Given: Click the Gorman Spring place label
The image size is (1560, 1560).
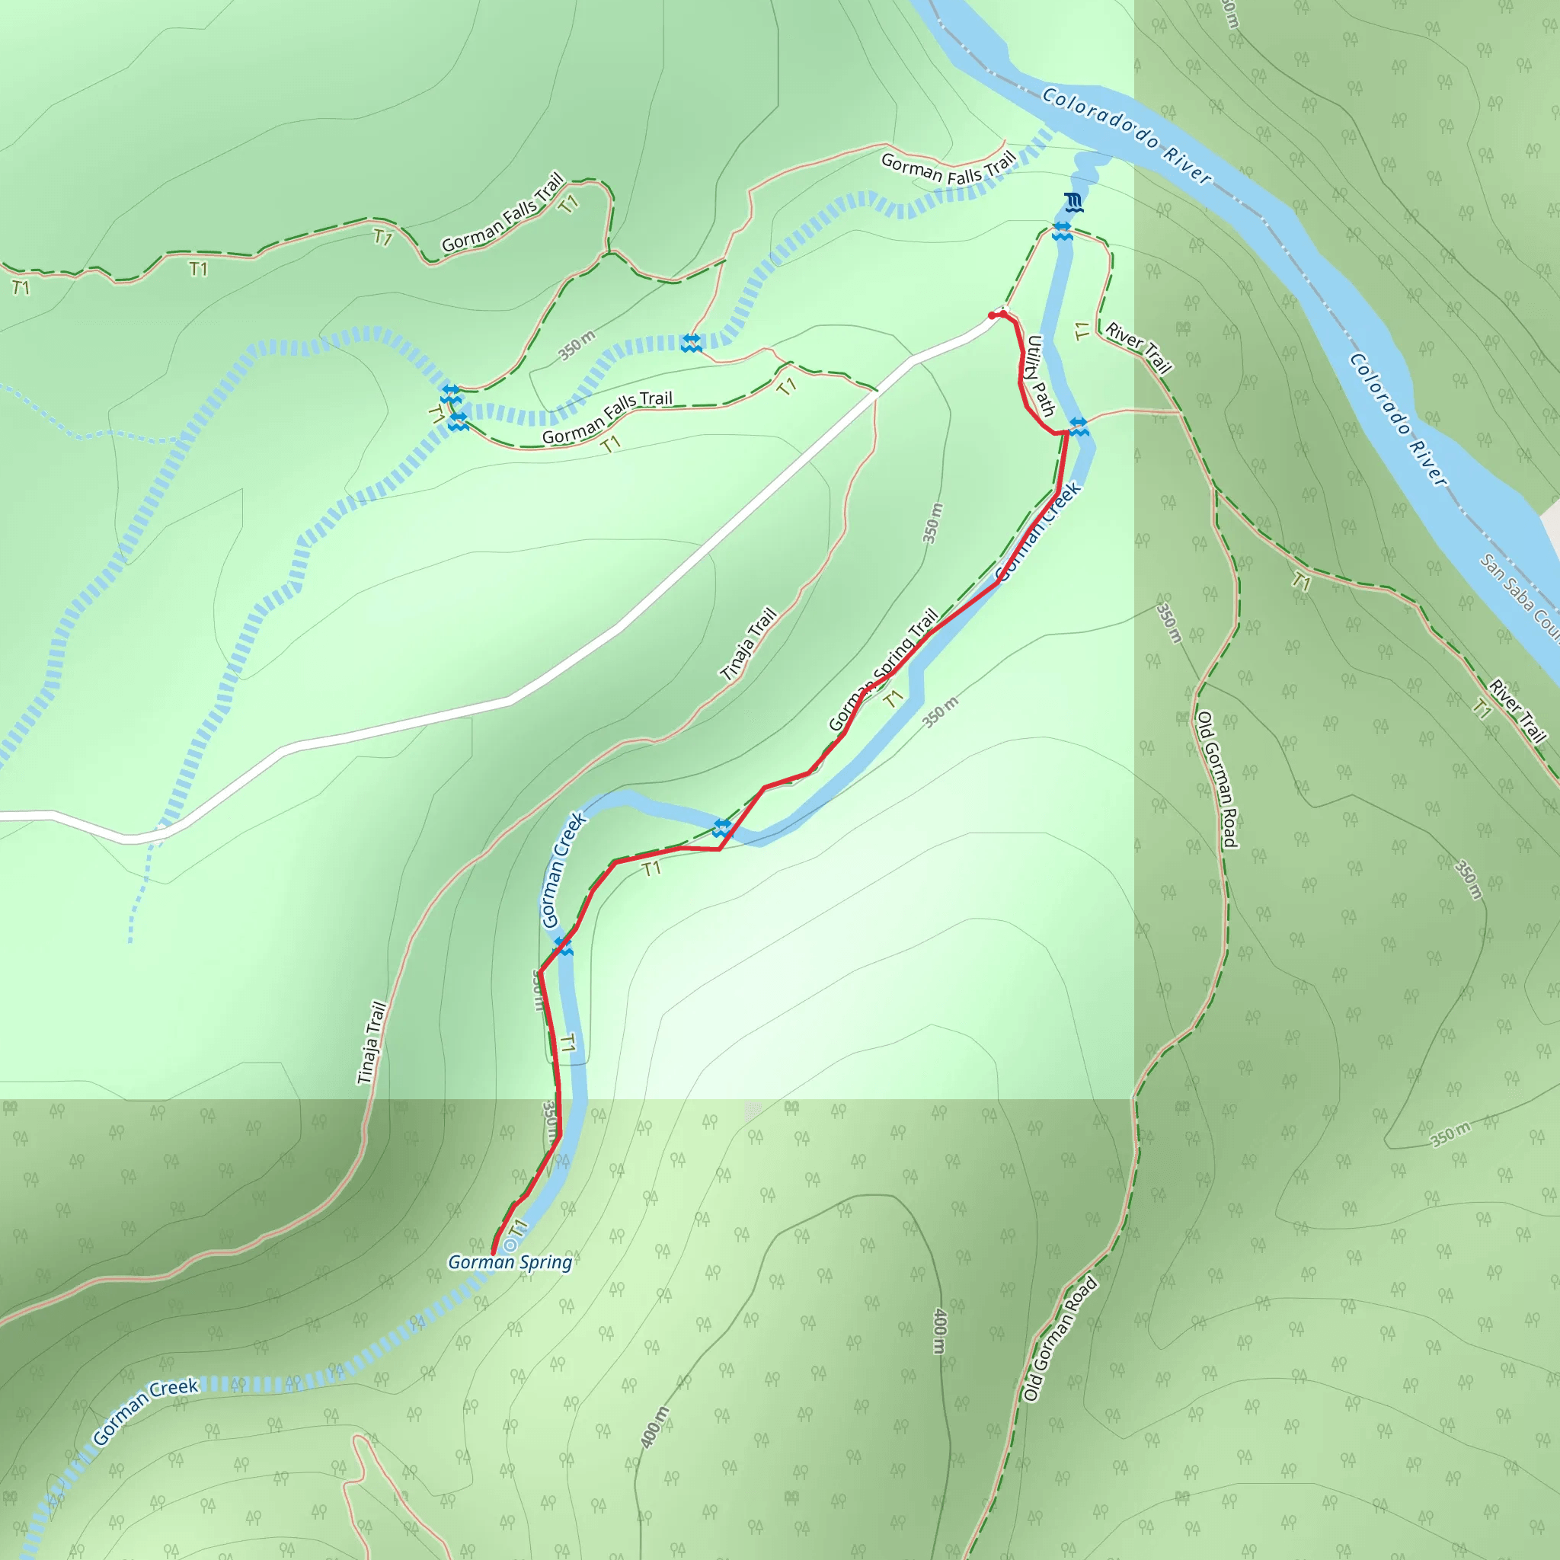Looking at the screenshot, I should coord(510,1262).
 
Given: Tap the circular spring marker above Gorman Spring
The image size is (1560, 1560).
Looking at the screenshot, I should coord(510,1247).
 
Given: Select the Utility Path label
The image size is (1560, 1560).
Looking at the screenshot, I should coord(1040,375).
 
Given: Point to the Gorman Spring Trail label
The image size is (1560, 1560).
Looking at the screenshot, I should coord(884,670).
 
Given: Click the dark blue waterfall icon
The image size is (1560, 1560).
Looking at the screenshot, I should coord(1073,202).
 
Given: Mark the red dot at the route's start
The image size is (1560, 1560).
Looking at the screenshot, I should coord(992,315).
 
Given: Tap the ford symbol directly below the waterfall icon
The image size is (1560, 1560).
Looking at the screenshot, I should coord(1062,231).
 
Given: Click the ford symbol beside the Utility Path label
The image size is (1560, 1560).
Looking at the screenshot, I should coord(1079,426).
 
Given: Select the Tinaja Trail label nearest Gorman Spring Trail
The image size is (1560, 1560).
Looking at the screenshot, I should coord(749,644).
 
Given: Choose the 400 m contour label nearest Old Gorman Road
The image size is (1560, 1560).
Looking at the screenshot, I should coord(938,1331).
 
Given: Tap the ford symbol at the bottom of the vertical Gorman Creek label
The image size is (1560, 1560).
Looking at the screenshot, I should coord(564,947).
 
